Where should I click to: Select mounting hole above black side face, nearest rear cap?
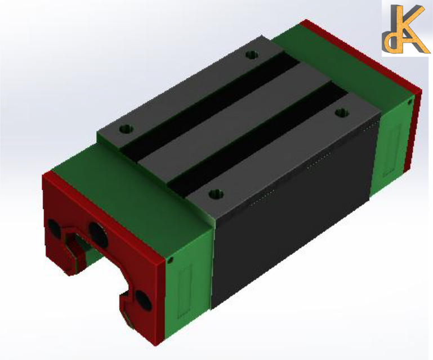coord(340,112)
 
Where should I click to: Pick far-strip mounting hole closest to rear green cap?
coord(252,55)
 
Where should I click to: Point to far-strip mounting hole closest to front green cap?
coord(127,128)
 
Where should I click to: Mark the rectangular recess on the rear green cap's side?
coord(392,147)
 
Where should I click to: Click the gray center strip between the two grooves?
coord(236,121)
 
